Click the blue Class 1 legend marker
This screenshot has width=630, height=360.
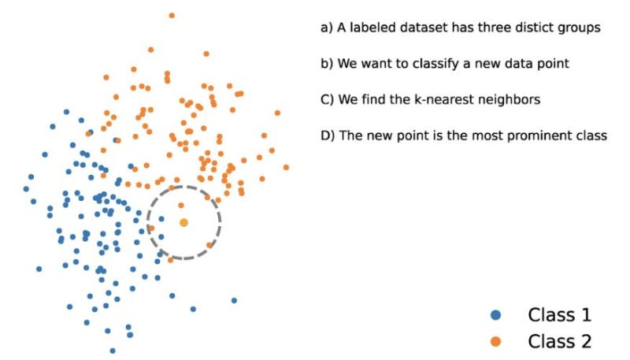click(496, 316)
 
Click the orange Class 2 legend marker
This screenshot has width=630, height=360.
click(496, 341)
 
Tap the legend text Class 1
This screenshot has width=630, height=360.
click(559, 316)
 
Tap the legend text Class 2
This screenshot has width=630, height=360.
click(559, 341)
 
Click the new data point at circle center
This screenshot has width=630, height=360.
click(183, 223)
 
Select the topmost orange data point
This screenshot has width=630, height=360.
click(172, 15)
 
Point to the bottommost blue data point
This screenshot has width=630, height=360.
click(113, 351)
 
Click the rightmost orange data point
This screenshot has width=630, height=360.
click(286, 167)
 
